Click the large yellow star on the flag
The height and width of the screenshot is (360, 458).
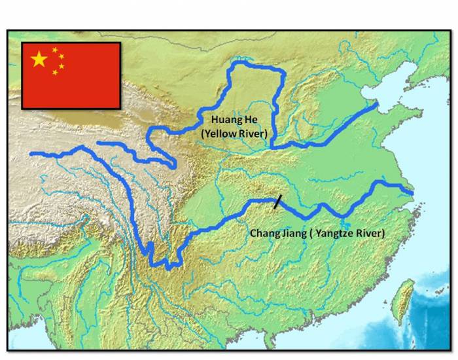tap(39, 60)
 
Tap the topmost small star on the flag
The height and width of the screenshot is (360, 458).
tap(55, 50)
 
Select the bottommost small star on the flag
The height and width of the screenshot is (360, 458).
tap(55, 73)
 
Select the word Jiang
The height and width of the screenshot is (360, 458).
tap(292, 233)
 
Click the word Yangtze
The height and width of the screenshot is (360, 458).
tap(336, 233)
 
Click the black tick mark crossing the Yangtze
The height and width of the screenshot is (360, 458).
tap(279, 202)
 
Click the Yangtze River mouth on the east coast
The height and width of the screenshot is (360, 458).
tap(410, 192)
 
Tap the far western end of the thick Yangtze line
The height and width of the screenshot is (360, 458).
tap(31, 154)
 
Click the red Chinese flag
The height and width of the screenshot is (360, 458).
tap(71, 75)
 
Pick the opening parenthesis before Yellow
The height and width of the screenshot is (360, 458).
tap(203, 134)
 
